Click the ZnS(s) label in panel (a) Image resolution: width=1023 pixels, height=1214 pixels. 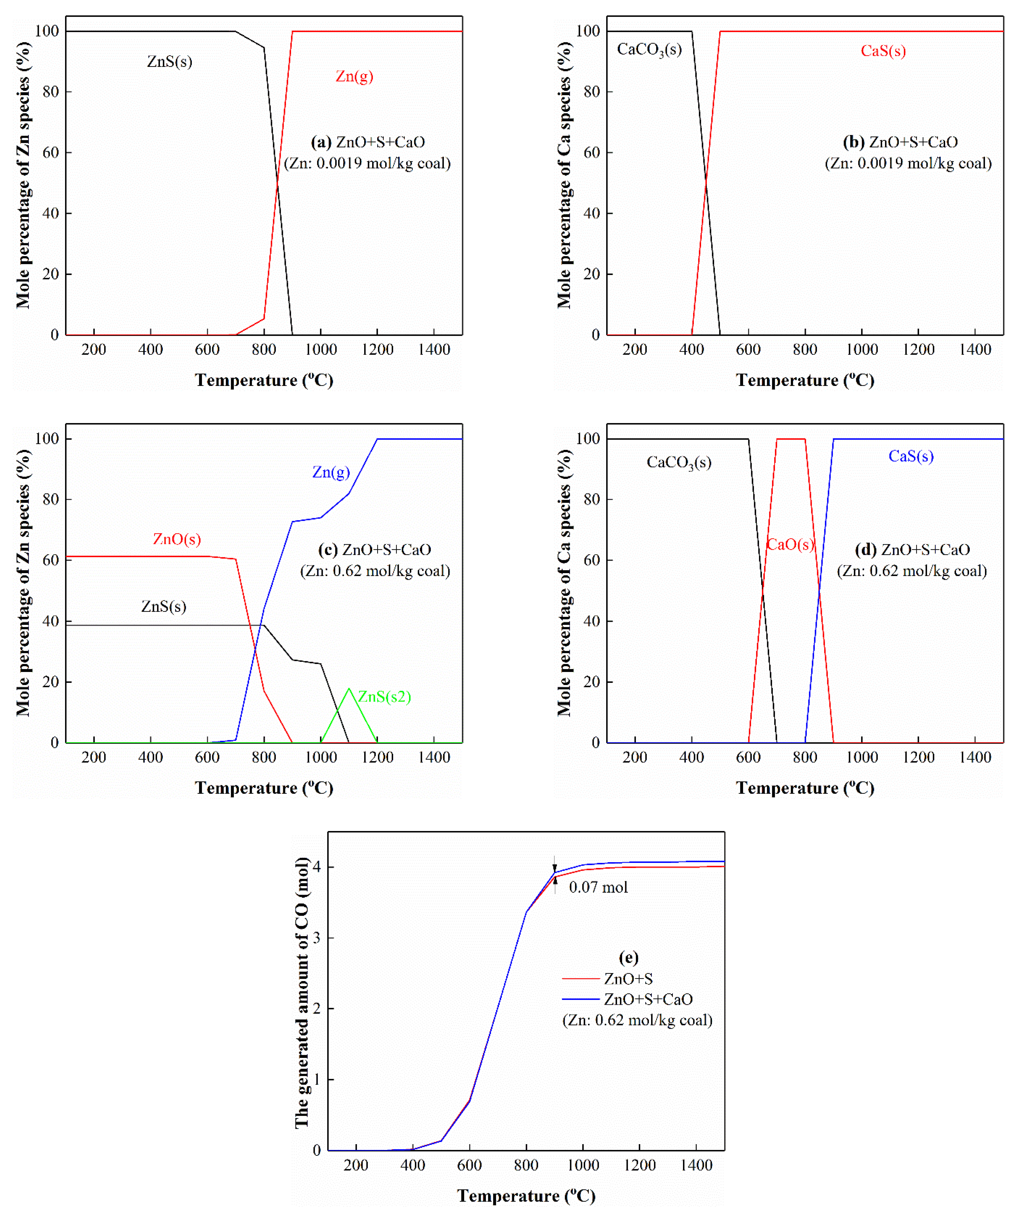pos(169,61)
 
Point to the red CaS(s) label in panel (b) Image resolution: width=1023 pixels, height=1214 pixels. pos(883,51)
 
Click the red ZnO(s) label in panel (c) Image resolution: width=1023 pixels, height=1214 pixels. pos(177,539)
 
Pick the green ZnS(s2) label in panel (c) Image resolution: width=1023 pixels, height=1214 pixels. pos(384,696)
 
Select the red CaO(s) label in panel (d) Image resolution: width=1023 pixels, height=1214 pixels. pos(790,544)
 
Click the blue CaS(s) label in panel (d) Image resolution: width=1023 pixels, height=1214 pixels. pos(910,456)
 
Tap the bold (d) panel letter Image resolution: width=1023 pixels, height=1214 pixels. pos(866,550)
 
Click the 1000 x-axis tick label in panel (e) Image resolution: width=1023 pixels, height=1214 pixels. pos(583,1165)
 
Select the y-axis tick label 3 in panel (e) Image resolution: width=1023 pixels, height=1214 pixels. pos(317,938)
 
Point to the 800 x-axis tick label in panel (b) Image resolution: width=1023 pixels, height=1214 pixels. pos(805,350)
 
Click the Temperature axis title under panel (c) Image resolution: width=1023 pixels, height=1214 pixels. pos(264,788)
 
